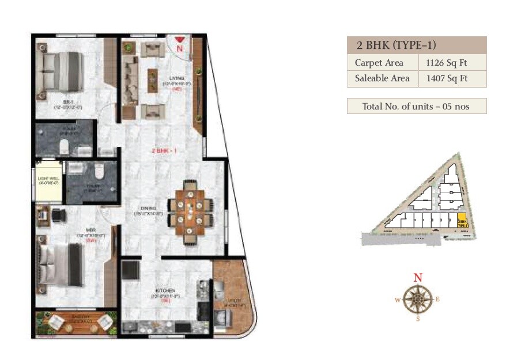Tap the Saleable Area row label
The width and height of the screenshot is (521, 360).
pyautogui.click(x=382, y=78)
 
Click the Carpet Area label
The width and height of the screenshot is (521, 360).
pyautogui.click(x=379, y=63)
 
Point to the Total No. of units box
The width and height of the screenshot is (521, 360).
pyautogui.click(x=416, y=106)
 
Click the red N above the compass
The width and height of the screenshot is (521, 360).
pyautogui.click(x=417, y=277)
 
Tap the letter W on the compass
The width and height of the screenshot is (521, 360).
pyautogui.click(x=397, y=300)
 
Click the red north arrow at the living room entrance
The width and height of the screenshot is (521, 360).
pyautogui.click(x=180, y=40)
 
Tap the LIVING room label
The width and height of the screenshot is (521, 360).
pyautogui.click(x=176, y=78)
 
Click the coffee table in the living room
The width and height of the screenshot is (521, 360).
pyautogui.click(x=153, y=77)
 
